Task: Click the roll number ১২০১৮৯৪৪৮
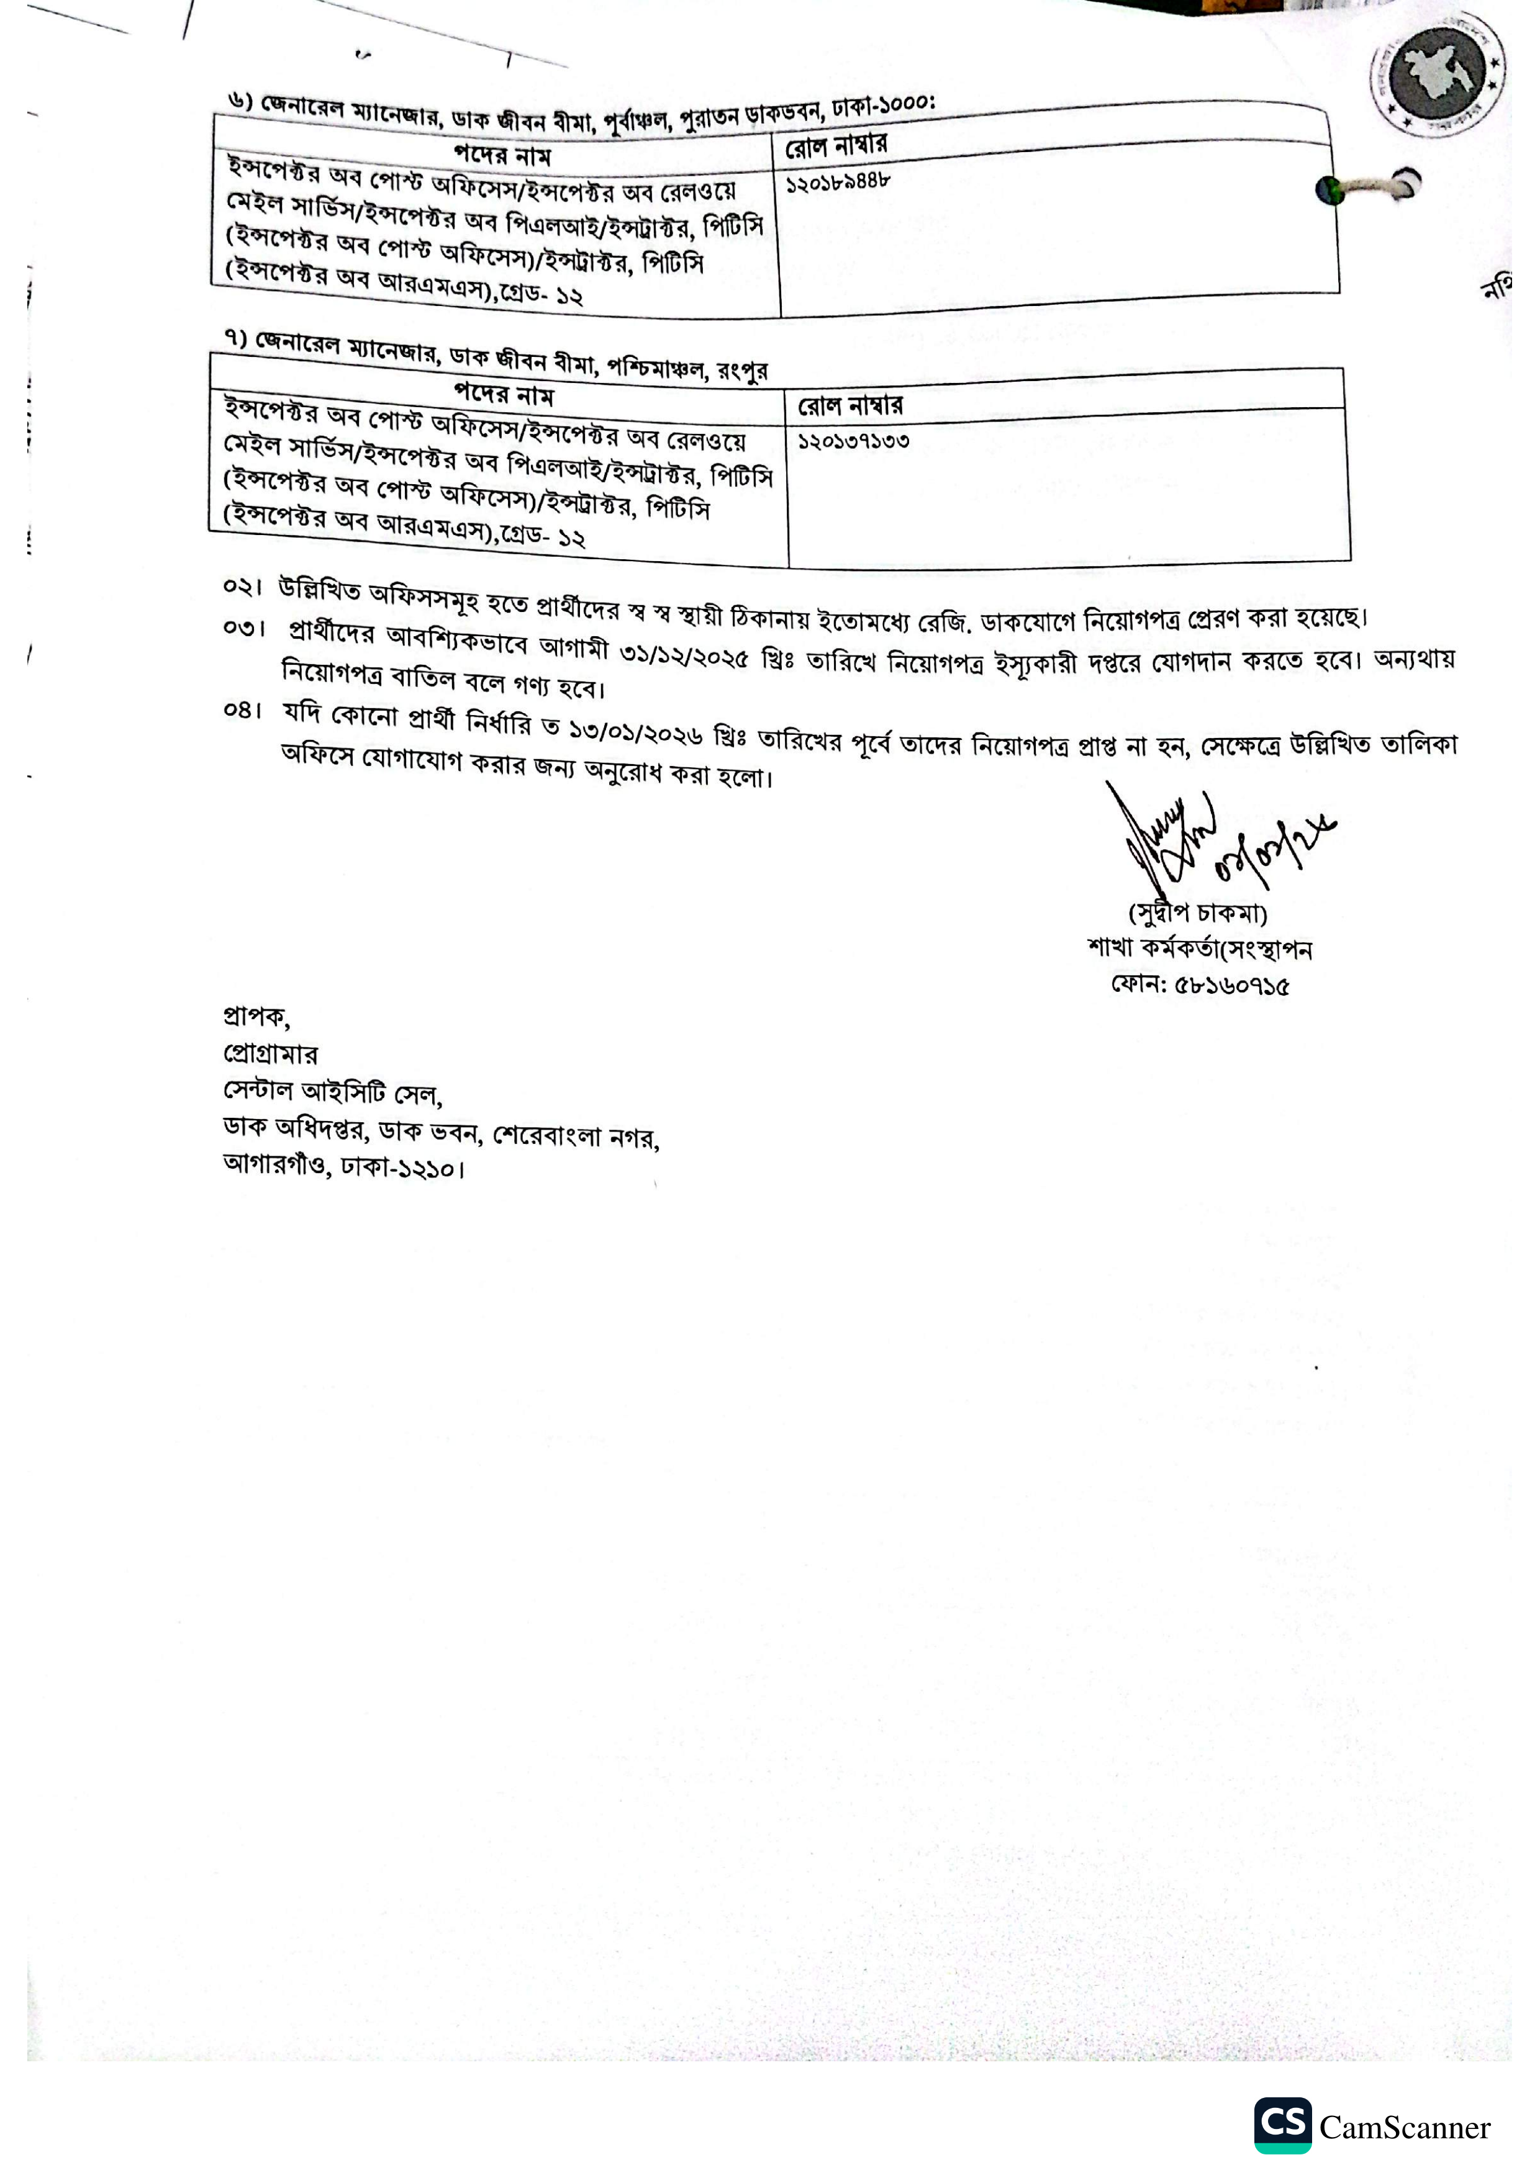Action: pyautogui.click(x=838, y=182)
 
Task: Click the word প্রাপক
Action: pyautogui.click(x=255, y=1017)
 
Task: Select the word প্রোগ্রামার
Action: pyautogui.click(x=270, y=1054)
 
